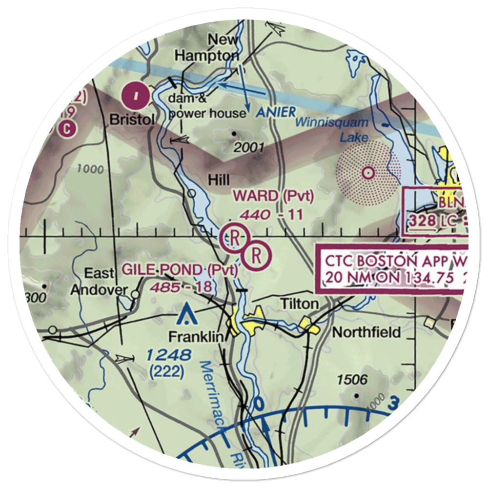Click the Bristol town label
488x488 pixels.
point(132,120)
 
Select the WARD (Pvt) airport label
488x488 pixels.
point(273,196)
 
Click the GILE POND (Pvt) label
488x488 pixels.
point(180,269)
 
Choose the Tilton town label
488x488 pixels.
point(299,304)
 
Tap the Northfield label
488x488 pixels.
point(366,332)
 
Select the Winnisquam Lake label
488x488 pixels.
point(337,129)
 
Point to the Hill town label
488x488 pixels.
point(219,180)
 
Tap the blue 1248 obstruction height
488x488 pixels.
point(168,356)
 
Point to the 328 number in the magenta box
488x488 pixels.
point(423,221)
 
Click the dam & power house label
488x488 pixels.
point(207,106)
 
